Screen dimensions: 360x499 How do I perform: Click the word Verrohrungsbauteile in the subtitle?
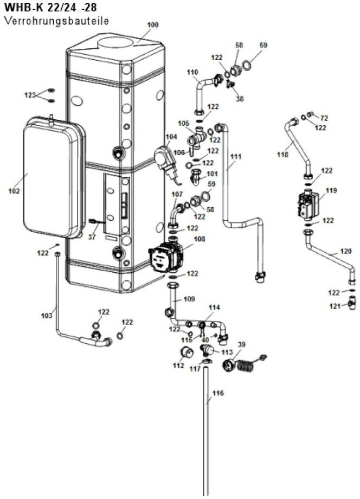56,21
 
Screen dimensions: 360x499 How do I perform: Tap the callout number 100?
153,25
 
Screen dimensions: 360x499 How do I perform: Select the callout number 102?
14,191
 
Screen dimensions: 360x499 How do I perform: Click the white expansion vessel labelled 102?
54,177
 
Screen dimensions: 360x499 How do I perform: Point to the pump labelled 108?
166,257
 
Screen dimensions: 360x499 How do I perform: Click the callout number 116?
218,393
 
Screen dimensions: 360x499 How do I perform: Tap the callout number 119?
331,190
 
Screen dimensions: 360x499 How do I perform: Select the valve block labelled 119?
308,204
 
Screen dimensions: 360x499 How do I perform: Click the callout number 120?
346,251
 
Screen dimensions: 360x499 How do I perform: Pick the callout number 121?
335,306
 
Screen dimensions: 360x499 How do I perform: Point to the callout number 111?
236,157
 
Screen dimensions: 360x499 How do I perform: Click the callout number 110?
192,72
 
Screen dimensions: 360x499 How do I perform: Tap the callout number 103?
47,316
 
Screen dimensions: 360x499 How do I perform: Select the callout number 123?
30,95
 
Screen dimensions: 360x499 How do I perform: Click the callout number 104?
171,137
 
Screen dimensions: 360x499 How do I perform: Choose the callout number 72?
324,118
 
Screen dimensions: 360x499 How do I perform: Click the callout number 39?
242,344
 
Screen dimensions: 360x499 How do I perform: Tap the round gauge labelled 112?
187,353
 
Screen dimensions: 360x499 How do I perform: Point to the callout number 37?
92,237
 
